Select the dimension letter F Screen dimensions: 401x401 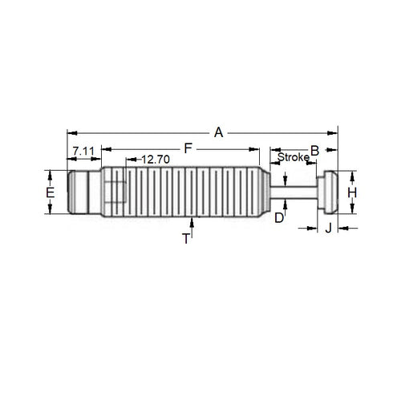pos(188,148)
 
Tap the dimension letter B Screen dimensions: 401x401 pos(315,150)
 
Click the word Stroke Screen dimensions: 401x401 pos(293,158)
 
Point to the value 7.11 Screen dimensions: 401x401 pos(83,151)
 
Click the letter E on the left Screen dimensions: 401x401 pos(50,194)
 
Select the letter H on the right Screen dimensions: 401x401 pos(350,193)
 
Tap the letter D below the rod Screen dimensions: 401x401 pos(279,217)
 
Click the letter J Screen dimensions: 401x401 pos(328,229)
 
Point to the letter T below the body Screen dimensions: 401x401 pos(186,238)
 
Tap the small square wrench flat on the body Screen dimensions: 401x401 pos(115,193)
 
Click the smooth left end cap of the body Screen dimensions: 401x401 pos(83,192)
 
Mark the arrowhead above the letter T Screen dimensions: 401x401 pos(192,221)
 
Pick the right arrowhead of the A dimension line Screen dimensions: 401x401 pos(334,132)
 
